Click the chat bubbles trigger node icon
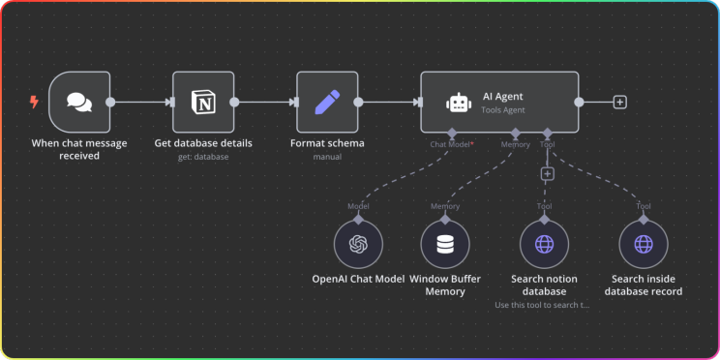pos(79,102)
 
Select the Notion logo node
pos(203,102)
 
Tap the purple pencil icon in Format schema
pos(327,102)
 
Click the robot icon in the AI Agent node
pos(459,103)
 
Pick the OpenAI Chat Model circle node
pos(358,244)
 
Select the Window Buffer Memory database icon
pos(445,244)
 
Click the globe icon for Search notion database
pos(544,244)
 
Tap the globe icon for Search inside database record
pos(644,244)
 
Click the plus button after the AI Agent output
pos(620,102)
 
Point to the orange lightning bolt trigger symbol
pos(34,102)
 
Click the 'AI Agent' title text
pos(503,97)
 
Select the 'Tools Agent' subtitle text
pos(503,110)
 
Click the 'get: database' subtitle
pos(203,157)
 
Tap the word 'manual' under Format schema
pos(327,157)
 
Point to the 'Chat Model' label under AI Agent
pos(450,144)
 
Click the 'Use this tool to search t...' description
pos(542,305)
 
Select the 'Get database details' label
pos(203,143)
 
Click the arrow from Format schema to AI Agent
pos(390,102)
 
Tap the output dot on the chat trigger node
pos(110,102)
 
